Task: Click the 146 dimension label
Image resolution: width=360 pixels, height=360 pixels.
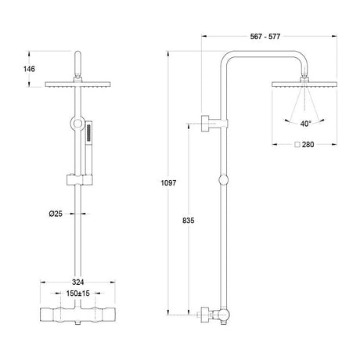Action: point(29,69)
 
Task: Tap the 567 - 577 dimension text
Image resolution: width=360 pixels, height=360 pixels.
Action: point(265,37)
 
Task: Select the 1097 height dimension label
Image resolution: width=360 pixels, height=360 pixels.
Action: point(168,183)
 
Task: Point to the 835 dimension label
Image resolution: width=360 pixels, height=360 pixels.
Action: point(189,221)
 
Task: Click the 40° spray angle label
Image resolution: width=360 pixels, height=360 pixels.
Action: point(305,124)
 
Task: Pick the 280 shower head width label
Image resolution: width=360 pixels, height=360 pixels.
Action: point(308,145)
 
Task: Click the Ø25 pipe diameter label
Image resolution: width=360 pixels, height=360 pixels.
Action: point(56,214)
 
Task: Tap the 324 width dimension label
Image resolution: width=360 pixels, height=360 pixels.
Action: point(77,282)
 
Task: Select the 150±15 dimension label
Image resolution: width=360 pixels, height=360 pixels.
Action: point(77,293)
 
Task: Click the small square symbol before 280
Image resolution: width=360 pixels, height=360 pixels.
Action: point(297,145)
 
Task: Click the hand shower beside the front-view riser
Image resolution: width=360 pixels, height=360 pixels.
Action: point(88,147)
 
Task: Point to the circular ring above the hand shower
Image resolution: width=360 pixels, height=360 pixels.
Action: point(77,123)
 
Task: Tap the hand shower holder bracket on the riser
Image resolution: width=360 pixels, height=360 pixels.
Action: point(80,180)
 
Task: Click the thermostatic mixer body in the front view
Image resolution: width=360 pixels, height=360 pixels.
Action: point(77,315)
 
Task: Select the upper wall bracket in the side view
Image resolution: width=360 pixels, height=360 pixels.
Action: point(214,123)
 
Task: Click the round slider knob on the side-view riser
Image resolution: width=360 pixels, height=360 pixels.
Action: point(223,180)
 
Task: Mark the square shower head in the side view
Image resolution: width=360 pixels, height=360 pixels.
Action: point(304,85)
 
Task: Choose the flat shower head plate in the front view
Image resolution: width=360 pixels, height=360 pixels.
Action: point(77,85)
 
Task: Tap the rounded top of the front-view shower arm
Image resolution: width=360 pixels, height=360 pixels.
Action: point(77,53)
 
